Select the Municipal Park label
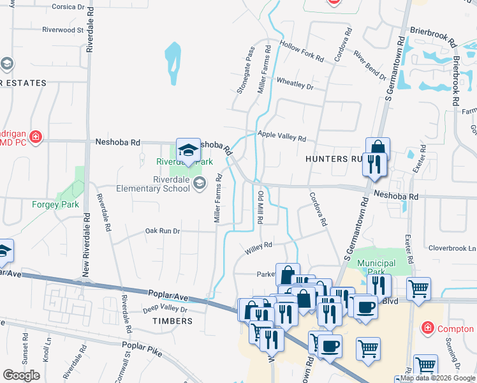[x=376, y=267]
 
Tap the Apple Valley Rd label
[x=282, y=135]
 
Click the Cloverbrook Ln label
[x=452, y=248]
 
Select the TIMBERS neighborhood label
[x=172, y=321]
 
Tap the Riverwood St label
[x=62, y=29]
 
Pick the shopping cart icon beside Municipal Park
[x=418, y=289]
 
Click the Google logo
[x=22, y=375]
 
